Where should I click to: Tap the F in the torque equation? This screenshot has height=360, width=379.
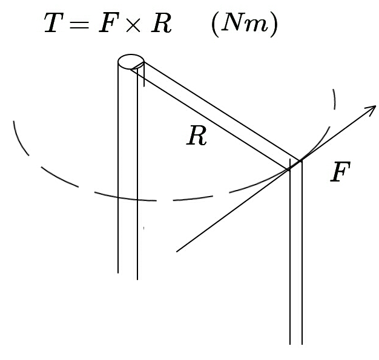[x=107, y=24]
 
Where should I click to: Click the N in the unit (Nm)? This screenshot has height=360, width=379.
[x=233, y=24]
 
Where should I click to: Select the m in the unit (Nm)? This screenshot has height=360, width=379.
[x=256, y=26]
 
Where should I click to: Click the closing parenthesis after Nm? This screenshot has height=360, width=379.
[x=275, y=25]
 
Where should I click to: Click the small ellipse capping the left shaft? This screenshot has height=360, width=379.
[x=131, y=61]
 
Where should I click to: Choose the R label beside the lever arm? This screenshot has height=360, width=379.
[x=197, y=137]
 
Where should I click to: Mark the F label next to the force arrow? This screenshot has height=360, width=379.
[x=341, y=173]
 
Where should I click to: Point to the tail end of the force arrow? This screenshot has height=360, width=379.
[x=177, y=250]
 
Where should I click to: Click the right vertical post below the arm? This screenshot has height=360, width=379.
[x=295, y=254]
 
